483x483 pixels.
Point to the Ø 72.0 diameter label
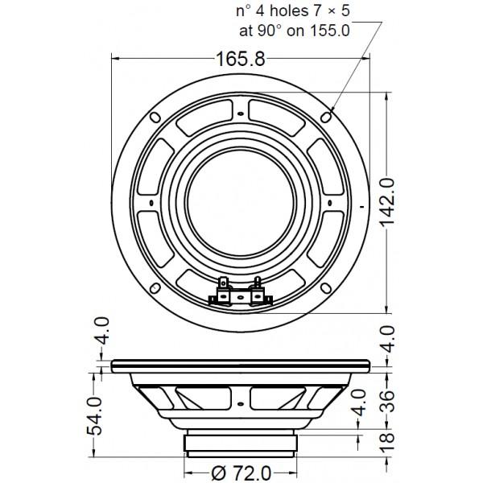242,471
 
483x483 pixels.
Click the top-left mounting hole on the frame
152,117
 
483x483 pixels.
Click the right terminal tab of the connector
258,283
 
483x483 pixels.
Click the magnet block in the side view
242,442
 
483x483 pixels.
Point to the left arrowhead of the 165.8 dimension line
114,59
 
